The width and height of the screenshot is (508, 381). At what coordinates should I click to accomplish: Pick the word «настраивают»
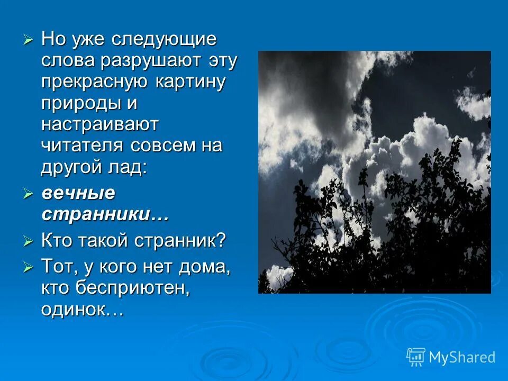pos(99,125)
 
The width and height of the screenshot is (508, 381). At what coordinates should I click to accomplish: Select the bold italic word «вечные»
pos(78,193)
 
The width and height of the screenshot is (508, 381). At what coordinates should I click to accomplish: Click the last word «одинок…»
pos(82,309)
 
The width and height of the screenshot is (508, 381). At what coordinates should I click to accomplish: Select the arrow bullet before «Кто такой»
pos(29,241)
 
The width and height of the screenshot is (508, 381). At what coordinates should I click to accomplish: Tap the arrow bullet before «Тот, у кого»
pos(29,267)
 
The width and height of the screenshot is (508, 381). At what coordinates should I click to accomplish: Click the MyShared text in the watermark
pos(462,358)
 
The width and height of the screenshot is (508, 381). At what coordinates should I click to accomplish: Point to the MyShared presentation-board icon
pos(415,357)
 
